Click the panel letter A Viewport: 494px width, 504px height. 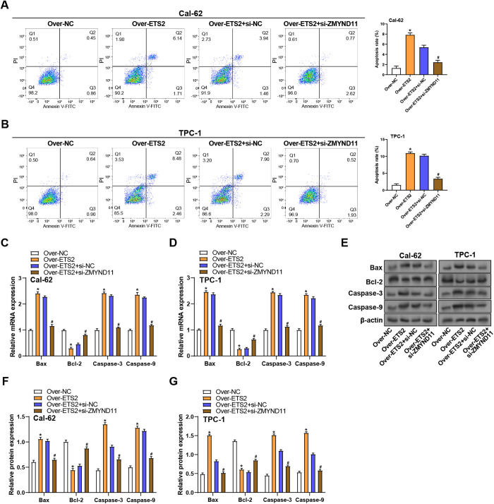(x=6, y=6)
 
